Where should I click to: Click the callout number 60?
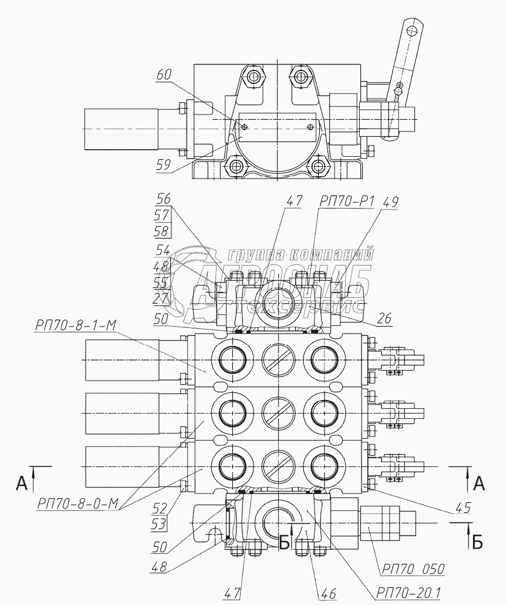[x=165, y=75]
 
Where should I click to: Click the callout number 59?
[x=164, y=166]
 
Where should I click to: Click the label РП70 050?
[x=413, y=569]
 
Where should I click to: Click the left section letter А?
[x=22, y=483]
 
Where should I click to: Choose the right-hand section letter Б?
[x=478, y=541]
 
